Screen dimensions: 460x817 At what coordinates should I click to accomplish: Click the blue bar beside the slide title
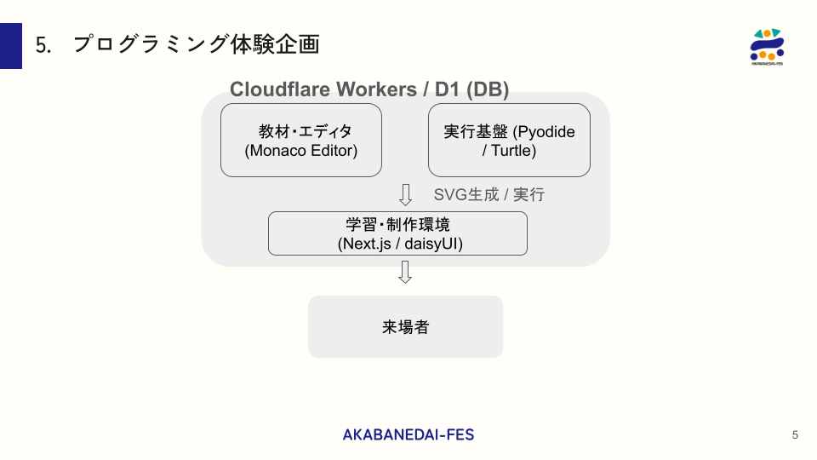pyautogui.click(x=11, y=46)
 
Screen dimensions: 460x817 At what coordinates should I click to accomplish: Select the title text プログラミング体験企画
pyautogui.click(x=196, y=44)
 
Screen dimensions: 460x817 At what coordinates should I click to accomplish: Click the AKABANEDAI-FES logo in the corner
pyautogui.click(x=767, y=46)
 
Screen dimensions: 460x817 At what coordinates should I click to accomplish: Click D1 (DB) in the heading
pyautogui.click(x=472, y=89)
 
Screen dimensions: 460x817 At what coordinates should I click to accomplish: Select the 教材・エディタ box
pyautogui.click(x=301, y=140)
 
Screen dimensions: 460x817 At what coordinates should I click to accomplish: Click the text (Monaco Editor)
pyautogui.click(x=301, y=151)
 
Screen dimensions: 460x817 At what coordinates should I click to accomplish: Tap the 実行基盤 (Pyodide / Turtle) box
pyautogui.click(x=509, y=140)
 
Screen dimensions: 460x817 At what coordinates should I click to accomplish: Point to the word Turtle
pyautogui.click(x=514, y=151)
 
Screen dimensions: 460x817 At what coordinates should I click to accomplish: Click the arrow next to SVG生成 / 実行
pyautogui.click(x=406, y=195)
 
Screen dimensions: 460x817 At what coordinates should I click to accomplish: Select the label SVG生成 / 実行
pyautogui.click(x=489, y=195)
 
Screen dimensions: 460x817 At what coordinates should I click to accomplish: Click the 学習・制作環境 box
pyautogui.click(x=397, y=233)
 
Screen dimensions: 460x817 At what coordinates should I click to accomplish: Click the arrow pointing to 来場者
pyautogui.click(x=406, y=272)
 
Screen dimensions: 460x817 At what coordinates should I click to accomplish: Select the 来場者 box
pyautogui.click(x=405, y=326)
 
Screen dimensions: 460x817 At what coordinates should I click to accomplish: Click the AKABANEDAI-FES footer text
pyautogui.click(x=408, y=434)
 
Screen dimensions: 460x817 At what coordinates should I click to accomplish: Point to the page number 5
pyautogui.click(x=795, y=435)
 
